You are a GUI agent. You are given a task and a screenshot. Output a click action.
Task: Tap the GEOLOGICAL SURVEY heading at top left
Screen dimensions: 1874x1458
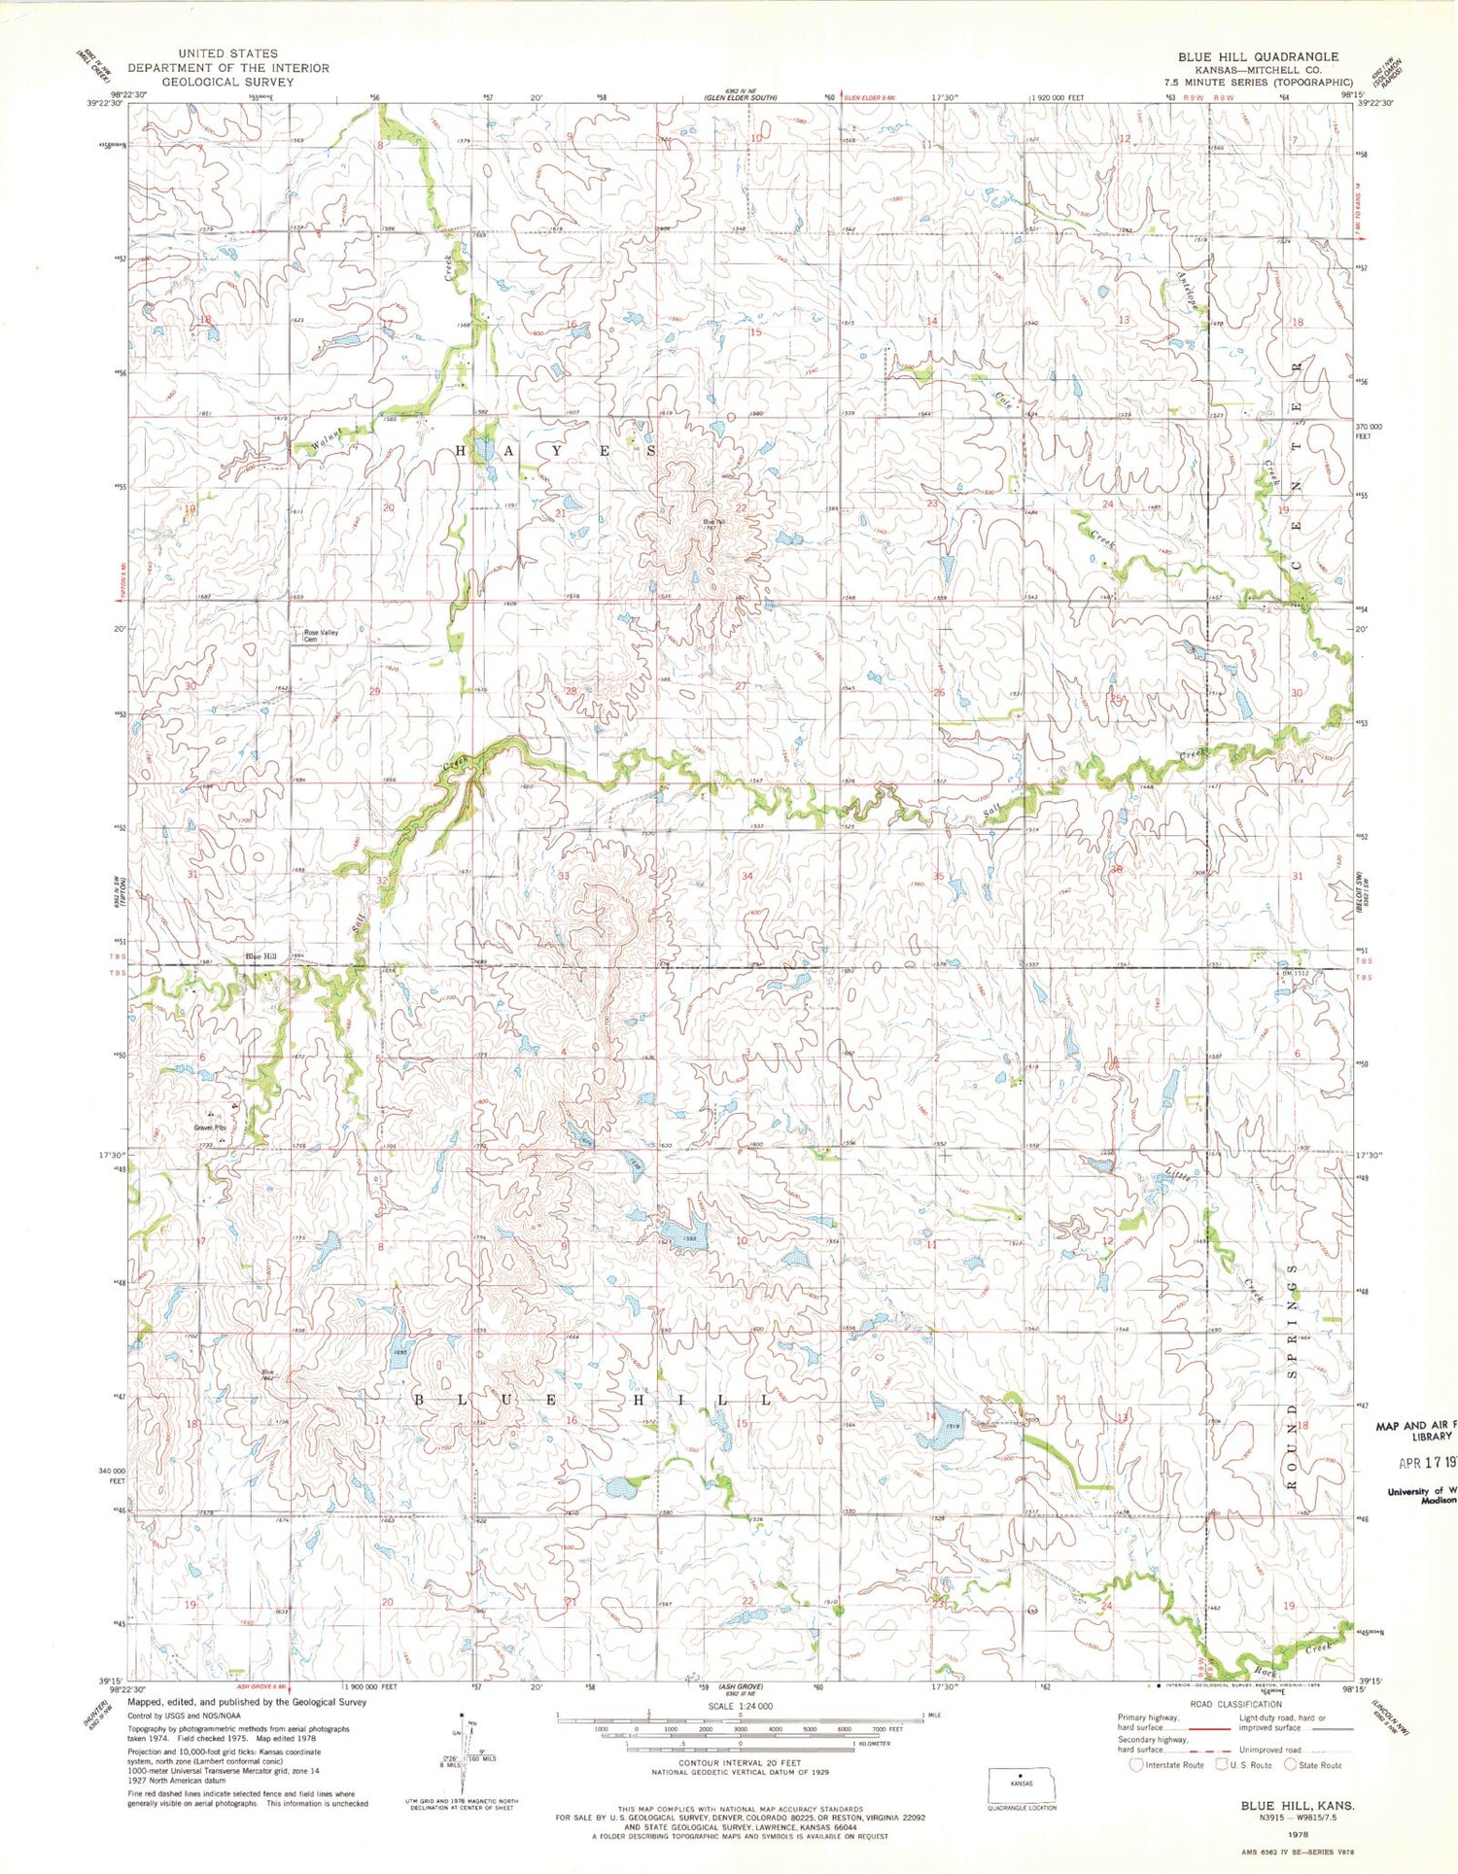tap(227, 82)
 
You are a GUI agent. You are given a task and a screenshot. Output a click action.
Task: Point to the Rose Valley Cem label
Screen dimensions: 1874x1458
tap(321, 636)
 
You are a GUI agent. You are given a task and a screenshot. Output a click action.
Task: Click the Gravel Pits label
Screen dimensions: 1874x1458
tap(209, 1128)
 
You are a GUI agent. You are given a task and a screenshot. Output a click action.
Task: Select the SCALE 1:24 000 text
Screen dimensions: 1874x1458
tap(727, 1706)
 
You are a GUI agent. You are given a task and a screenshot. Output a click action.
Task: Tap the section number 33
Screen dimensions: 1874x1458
tap(563, 876)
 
